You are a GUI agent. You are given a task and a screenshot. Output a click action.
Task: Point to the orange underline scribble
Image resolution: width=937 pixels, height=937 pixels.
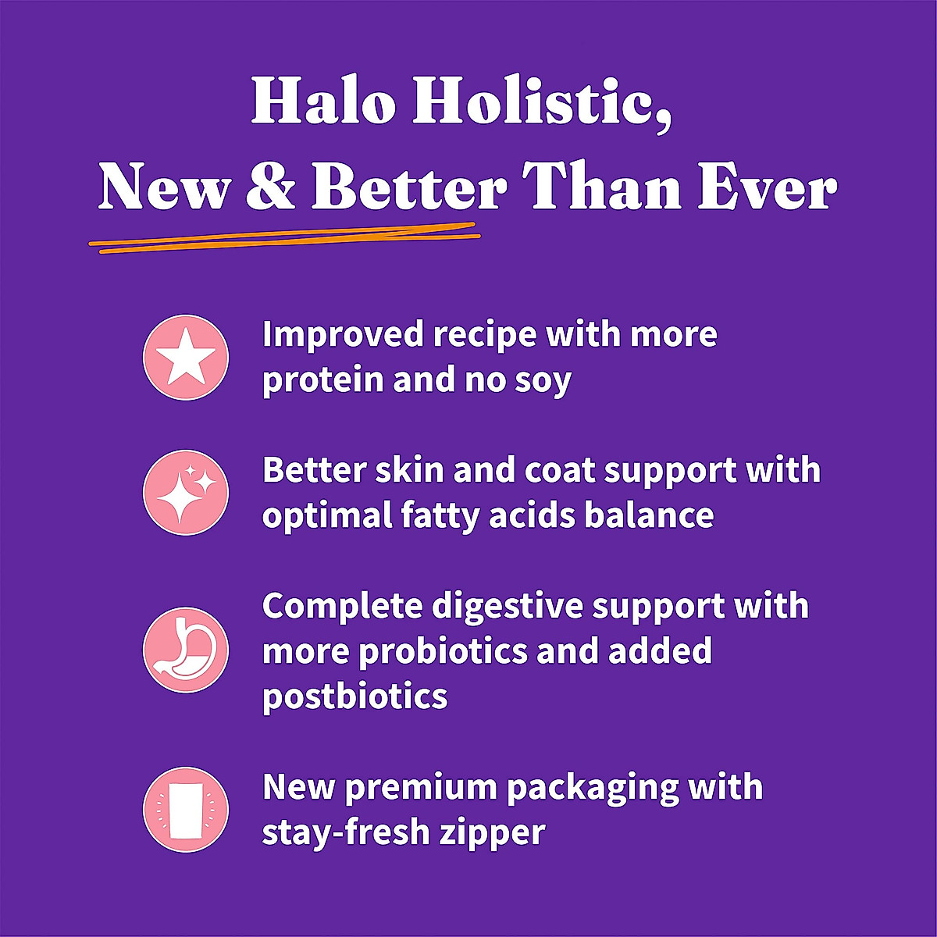284,237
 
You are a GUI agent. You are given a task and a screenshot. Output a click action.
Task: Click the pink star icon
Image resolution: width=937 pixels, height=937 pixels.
186,358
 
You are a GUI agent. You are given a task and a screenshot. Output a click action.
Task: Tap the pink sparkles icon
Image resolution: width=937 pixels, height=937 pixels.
186,493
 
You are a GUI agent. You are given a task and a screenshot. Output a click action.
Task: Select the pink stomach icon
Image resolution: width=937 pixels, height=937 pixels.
186,650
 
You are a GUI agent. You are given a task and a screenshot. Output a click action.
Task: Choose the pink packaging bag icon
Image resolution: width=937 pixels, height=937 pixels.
186,810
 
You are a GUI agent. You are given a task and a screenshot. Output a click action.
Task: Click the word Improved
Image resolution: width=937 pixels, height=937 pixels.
343,335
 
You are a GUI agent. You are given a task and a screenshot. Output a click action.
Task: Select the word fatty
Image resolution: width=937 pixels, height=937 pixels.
440,516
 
